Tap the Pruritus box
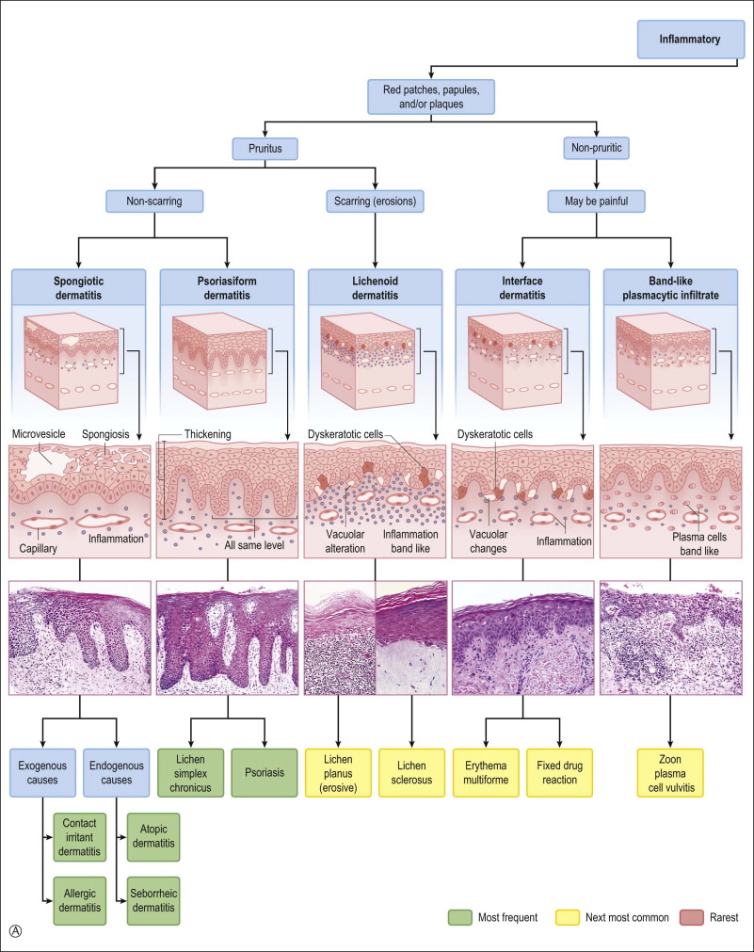tap(265, 148)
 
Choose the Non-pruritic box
tap(598, 148)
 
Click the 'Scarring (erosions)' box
tap(376, 200)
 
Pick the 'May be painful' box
tap(598, 200)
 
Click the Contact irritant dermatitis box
tap(79, 833)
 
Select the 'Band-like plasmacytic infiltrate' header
tap(671, 289)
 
